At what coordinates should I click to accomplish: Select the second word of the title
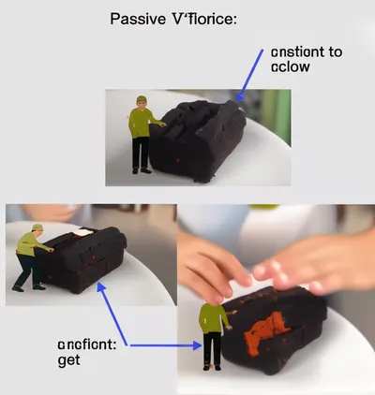201,20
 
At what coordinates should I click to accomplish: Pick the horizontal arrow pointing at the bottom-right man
164,345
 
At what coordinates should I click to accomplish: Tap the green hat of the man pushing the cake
37,227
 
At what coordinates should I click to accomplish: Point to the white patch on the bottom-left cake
82,232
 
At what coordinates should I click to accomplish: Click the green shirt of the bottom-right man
214,321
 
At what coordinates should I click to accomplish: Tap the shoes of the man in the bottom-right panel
214,367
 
